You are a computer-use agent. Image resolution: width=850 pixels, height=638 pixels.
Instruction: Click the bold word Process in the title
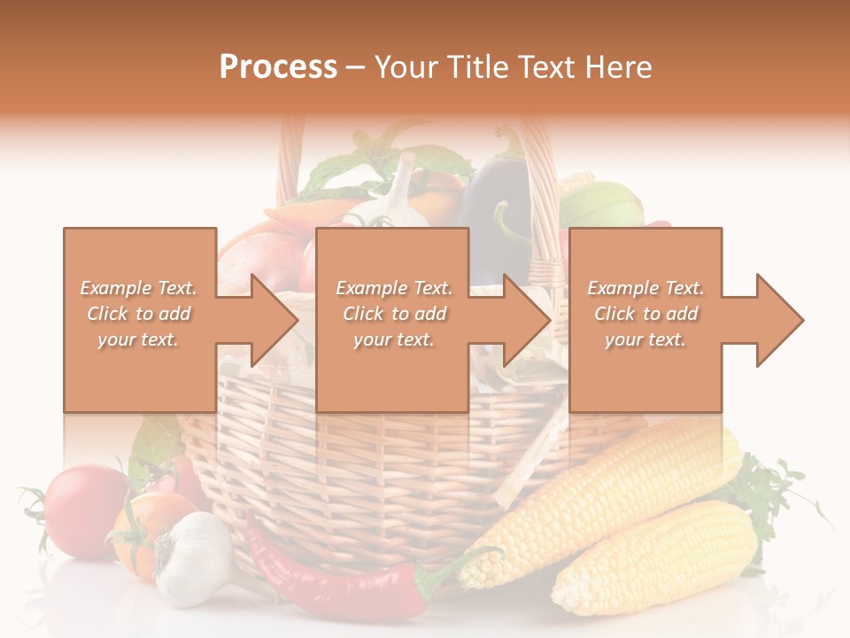pyautogui.click(x=278, y=67)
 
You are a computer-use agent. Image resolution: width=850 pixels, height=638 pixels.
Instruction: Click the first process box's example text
pyautogui.click(x=138, y=314)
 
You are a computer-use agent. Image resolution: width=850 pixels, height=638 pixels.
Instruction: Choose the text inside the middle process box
pyautogui.click(x=393, y=314)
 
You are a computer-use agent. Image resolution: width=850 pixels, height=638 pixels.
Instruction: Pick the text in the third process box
pyautogui.click(x=645, y=314)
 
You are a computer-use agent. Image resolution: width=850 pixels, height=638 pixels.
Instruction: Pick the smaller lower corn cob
pyautogui.click(x=655, y=558)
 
